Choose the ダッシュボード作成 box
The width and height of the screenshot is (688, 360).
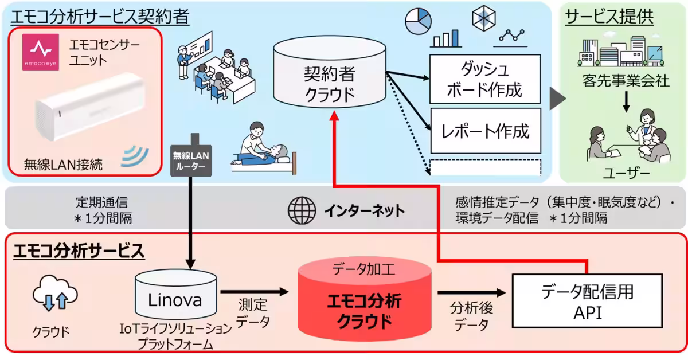pyautogui.click(x=484, y=80)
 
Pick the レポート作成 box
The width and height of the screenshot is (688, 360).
pyautogui.click(x=484, y=131)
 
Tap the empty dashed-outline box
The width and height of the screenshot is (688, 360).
pyautogui.click(x=484, y=167)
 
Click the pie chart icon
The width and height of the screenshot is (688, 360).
pyautogui.click(x=418, y=21)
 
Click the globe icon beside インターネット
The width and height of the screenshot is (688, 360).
pyautogui.click(x=302, y=210)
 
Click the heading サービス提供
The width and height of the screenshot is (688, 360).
pyautogui.click(x=609, y=17)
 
